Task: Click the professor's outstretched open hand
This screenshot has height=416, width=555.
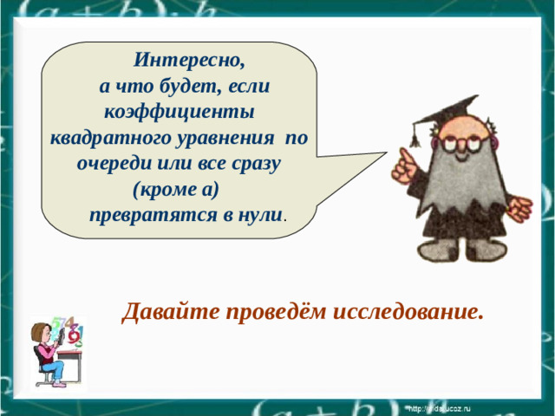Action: point(519,207)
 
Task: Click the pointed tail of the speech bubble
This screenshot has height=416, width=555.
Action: point(364,159)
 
